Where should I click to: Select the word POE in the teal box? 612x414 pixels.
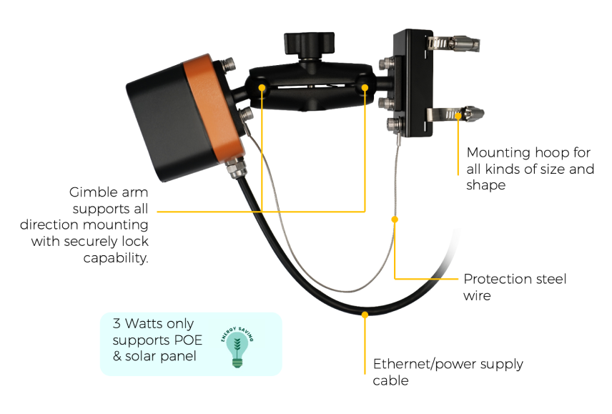coord(188,340)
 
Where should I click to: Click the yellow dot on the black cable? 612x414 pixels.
coord(365,315)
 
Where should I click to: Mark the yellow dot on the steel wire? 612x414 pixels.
coord(395,220)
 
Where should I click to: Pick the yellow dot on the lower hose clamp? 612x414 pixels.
coord(458,116)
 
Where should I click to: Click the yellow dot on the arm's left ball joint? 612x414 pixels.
coord(262,88)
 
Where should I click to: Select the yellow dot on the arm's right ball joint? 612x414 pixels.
coord(365,88)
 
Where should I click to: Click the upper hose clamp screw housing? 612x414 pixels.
coord(465,44)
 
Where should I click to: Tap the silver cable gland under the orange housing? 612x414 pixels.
coord(235,167)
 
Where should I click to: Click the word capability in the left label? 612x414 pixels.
coord(116,258)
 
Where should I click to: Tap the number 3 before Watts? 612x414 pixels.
coord(117,323)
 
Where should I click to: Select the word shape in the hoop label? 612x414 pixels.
coord(486,186)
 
